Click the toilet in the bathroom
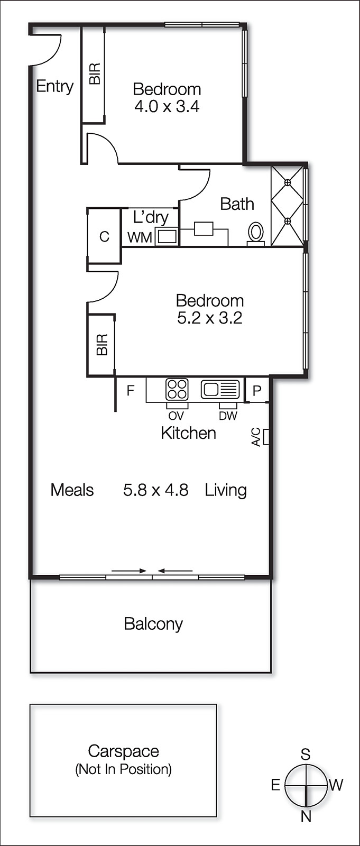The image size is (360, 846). [x=256, y=232]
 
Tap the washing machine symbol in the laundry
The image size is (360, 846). [x=167, y=236]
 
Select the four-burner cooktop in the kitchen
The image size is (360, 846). [x=177, y=390]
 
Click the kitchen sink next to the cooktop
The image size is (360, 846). [x=220, y=390]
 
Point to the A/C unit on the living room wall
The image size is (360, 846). [x=266, y=437]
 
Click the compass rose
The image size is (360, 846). [x=306, y=785]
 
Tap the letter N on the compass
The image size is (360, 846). [x=306, y=816]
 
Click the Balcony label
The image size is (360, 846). [x=153, y=624]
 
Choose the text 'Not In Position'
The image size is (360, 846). [x=124, y=769]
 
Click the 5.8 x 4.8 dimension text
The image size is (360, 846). [x=155, y=490]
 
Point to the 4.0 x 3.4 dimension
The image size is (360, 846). [x=167, y=106]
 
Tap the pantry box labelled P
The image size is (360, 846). [x=257, y=391]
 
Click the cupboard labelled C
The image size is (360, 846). [x=104, y=236]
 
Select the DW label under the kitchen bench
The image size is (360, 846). [x=228, y=416]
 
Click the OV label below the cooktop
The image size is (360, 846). [x=176, y=416]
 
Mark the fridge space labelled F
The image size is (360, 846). [x=130, y=391]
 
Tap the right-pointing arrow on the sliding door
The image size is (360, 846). [x=129, y=571]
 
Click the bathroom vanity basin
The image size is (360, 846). [x=204, y=228]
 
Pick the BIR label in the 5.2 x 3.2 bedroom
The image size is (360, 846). [x=102, y=345]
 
